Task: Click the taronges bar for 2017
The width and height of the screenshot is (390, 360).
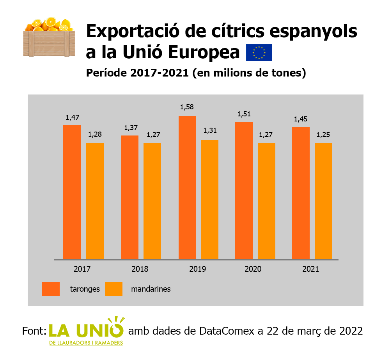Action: pyautogui.click(x=72, y=192)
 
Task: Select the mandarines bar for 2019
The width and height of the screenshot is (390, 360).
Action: pyautogui.click(x=209, y=199)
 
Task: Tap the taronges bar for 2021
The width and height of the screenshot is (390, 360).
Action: pyautogui.click(x=301, y=193)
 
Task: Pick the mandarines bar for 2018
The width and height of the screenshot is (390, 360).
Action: pyautogui.click(x=152, y=201)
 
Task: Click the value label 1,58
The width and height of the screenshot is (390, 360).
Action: pyautogui.click(x=187, y=107)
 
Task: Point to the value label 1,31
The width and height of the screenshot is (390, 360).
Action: pyautogui.click(x=209, y=131)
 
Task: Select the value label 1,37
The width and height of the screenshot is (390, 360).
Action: pyautogui.click(x=129, y=128)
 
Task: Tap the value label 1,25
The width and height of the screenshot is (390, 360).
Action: pyautogui.click(x=323, y=135)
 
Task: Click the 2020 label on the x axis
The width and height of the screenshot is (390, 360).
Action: pyautogui.click(x=253, y=269)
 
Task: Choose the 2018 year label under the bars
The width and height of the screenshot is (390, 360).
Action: pyautogui.click(x=140, y=269)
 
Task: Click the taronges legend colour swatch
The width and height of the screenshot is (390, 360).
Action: pyautogui.click(x=51, y=289)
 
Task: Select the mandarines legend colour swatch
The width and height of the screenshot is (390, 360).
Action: pyautogui.click(x=114, y=289)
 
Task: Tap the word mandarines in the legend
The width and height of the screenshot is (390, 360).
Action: pyautogui.click(x=151, y=289)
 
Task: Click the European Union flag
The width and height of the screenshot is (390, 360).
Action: pyautogui.click(x=259, y=53)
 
